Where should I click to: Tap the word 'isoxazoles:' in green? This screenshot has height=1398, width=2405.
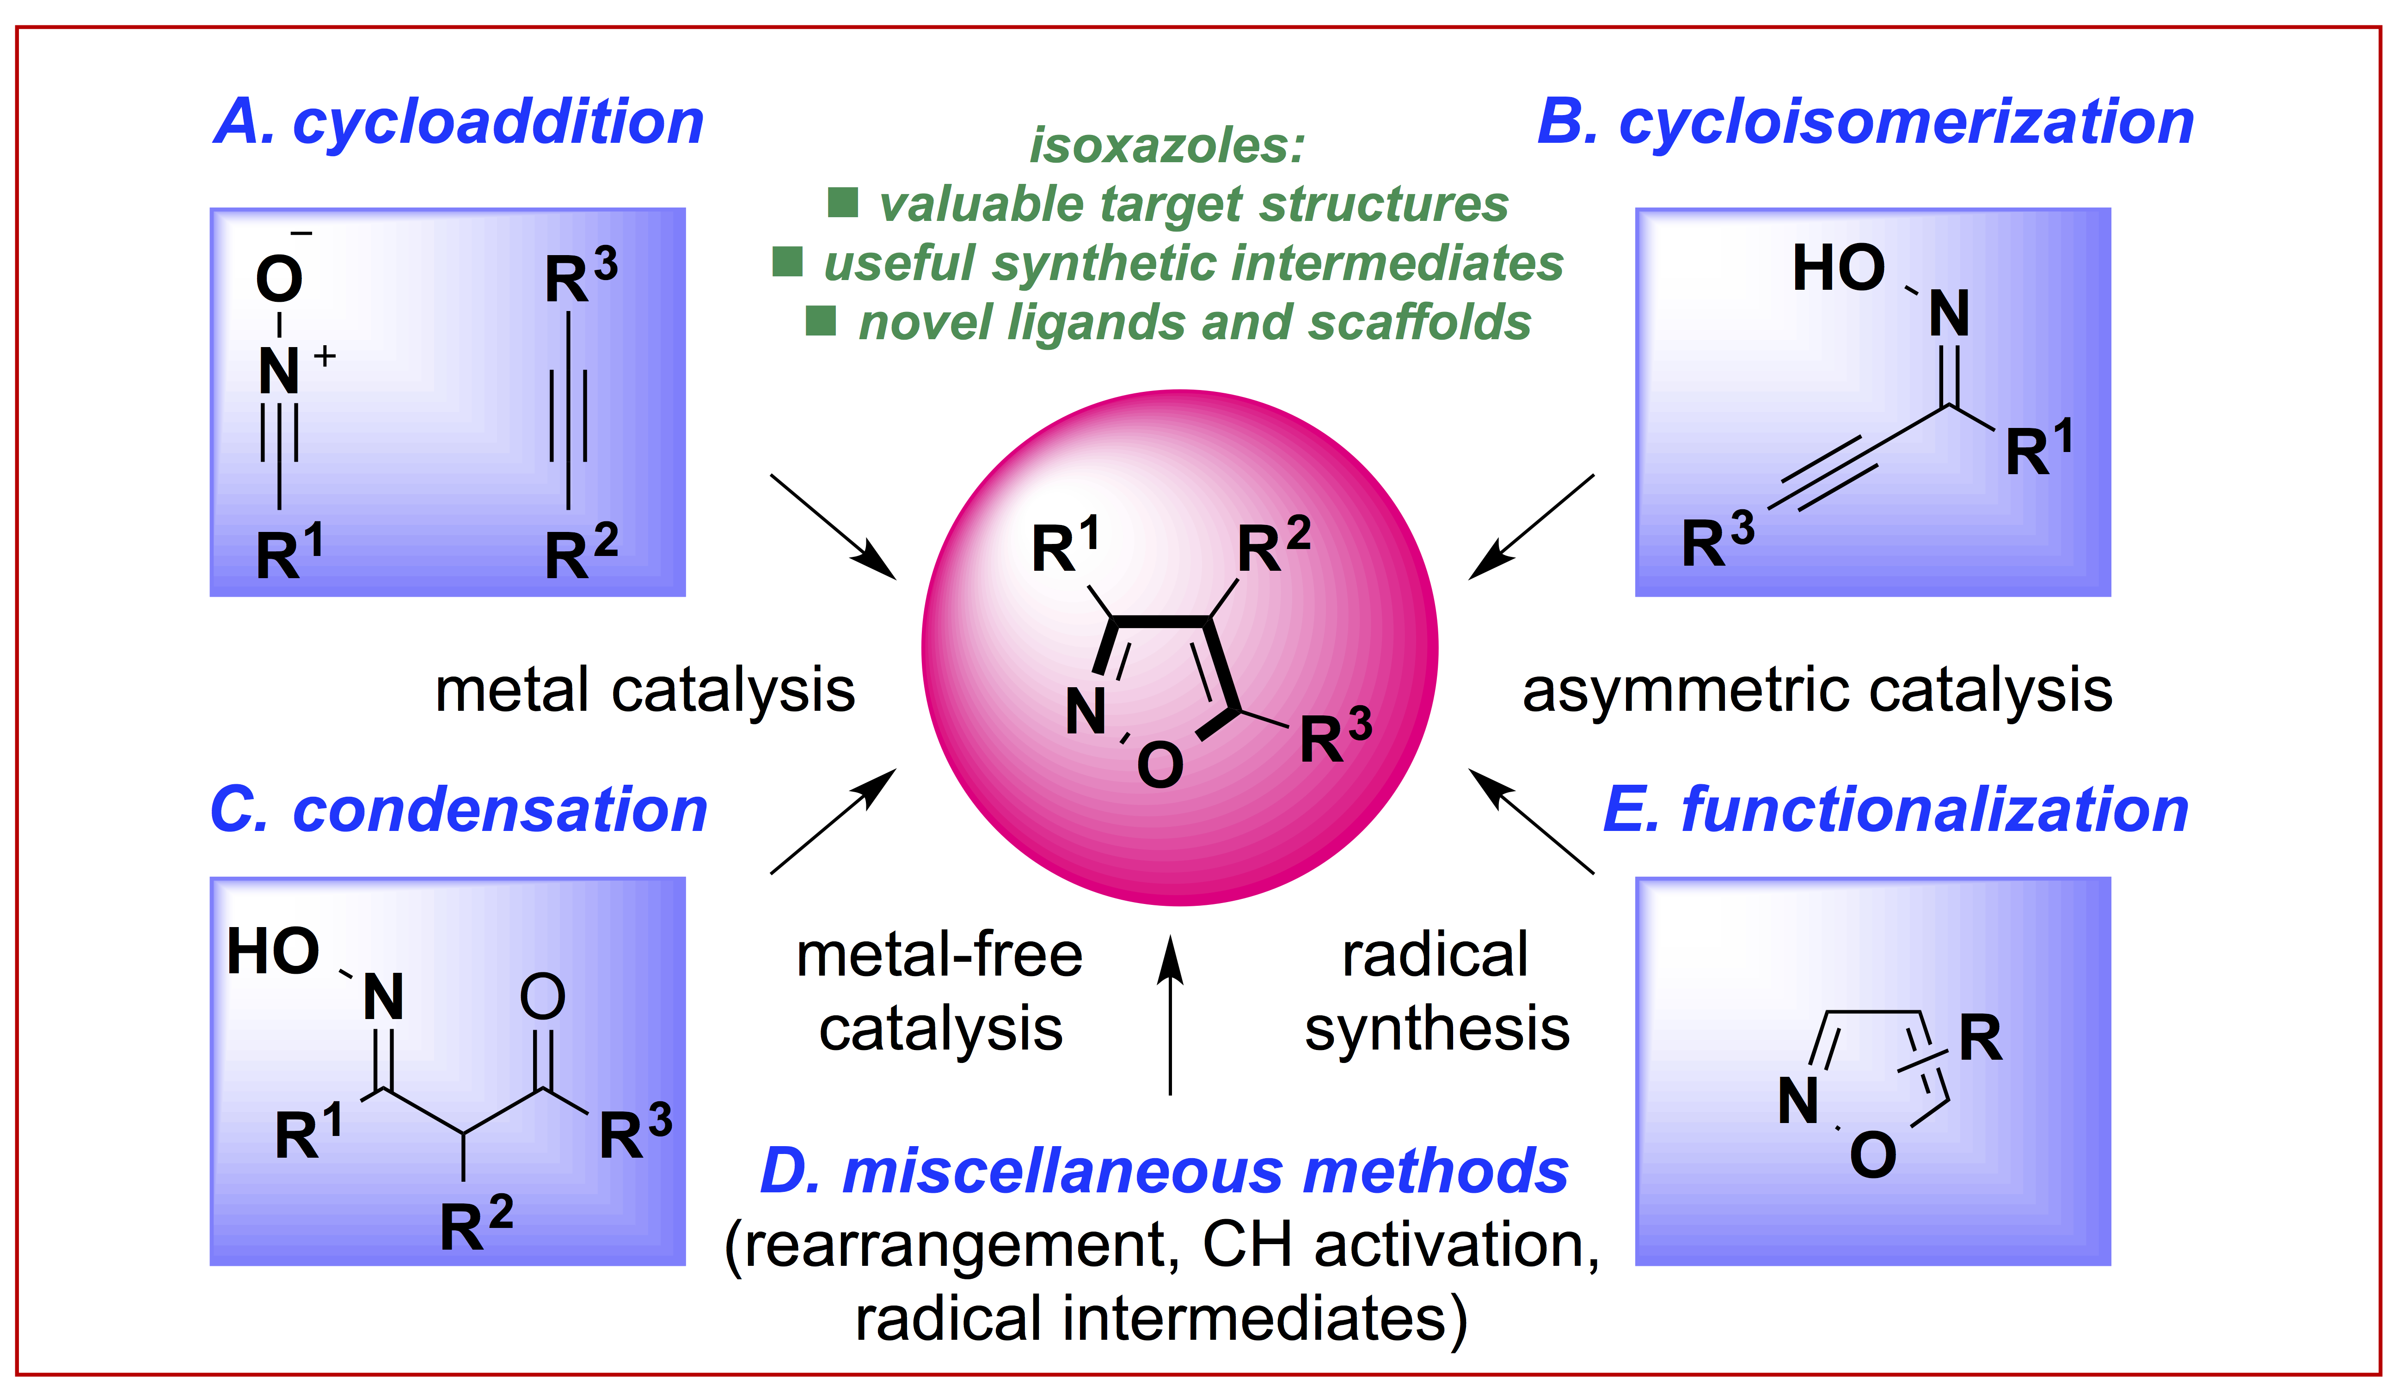point(1166,145)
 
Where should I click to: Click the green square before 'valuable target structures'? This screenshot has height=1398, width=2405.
point(843,202)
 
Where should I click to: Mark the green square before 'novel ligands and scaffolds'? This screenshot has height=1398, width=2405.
point(821,321)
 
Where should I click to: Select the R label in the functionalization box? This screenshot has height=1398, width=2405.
point(1980,1038)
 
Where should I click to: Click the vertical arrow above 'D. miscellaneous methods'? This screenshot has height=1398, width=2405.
point(1170,1016)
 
